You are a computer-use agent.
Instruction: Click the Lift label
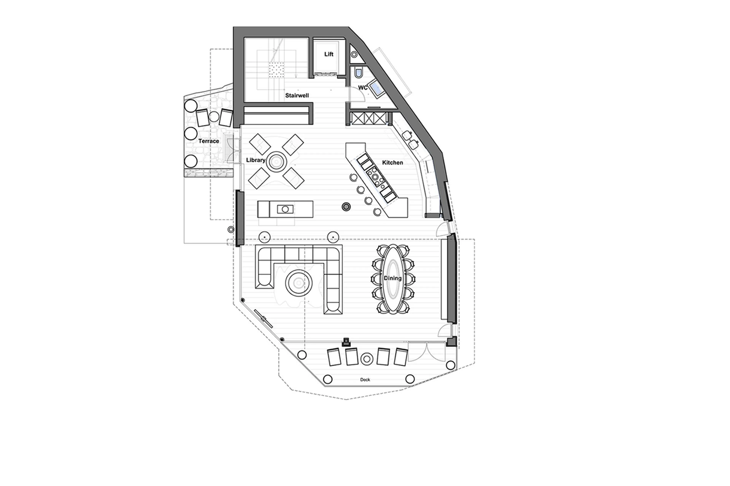pos(328,54)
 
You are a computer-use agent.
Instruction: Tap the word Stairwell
pos(297,96)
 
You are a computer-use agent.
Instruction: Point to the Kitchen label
pos(392,162)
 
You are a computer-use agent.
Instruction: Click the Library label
pos(256,160)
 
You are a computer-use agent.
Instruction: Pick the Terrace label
pos(209,141)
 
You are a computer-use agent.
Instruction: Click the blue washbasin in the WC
pos(377,89)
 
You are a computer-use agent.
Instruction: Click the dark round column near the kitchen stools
pos(346,207)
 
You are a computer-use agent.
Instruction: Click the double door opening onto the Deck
pos(427,352)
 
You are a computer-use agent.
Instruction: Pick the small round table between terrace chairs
pos(214,117)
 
